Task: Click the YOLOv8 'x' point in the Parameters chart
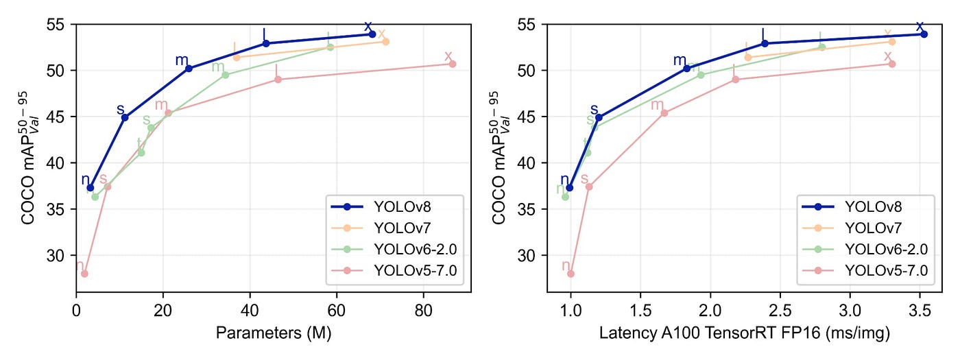[372, 34]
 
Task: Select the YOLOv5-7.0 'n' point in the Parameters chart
[84, 274]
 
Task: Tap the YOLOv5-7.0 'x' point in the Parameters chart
[453, 64]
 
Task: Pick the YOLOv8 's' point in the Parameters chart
[125, 117]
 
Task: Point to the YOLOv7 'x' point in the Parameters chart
[385, 41]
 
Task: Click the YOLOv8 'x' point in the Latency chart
[924, 34]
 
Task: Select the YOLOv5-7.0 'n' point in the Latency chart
[571, 274]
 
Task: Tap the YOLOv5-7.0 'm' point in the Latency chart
[664, 112]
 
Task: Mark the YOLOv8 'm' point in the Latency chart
[687, 68]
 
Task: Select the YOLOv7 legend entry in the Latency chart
[864, 228]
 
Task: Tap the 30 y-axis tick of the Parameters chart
[60, 256]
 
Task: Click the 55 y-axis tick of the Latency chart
[529, 24]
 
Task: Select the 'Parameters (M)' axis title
[274, 334]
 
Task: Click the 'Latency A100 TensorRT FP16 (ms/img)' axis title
[745, 334]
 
